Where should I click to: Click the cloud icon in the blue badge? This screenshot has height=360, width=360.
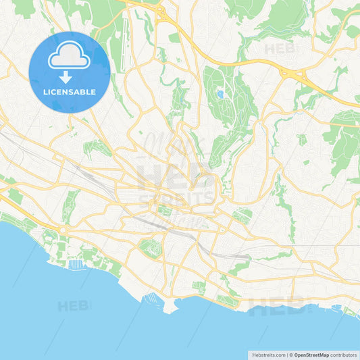(69, 59)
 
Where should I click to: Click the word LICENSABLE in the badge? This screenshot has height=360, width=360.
(69, 92)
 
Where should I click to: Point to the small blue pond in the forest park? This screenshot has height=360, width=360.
(220, 94)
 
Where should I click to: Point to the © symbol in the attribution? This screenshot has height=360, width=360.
(290, 354)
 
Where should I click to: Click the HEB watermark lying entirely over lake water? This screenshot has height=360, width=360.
(73, 306)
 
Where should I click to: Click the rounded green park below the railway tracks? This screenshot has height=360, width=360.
(151, 247)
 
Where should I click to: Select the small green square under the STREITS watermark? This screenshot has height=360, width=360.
(165, 210)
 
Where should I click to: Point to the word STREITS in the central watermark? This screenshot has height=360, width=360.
(177, 199)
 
